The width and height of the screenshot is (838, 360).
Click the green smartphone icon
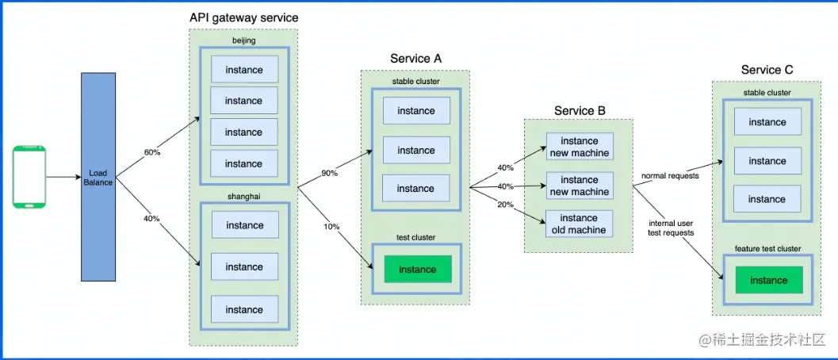pos(29,177)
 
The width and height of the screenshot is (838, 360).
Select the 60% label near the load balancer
pos(151,151)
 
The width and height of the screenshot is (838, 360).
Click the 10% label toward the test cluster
pos(331,227)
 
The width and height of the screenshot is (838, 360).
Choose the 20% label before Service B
pos(504,205)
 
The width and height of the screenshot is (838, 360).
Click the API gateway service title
pos(244,17)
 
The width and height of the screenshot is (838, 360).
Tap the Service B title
pos(580,111)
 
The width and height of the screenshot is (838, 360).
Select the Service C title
pos(767,70)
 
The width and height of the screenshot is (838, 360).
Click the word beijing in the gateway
pos(244,40)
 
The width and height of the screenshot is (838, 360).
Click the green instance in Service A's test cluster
pos(417,270)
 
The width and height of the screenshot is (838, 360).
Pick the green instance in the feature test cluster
pos(768,280)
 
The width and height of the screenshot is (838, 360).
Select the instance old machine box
pos(579,224)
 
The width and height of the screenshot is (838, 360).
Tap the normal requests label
pos(670,175)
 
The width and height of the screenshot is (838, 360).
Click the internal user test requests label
pos(671,228)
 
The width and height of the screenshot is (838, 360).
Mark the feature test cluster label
pos(767,249)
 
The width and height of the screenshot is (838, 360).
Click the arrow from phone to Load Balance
pos(63,177)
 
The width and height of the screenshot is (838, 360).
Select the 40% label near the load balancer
pos(151,218)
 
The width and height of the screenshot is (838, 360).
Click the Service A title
pos(415,59)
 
